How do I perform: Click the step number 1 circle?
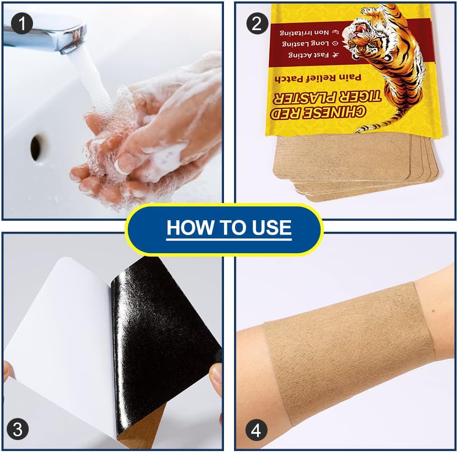pos(22,23)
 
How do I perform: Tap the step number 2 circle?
pos(257,23)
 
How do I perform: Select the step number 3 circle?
pos(18,429)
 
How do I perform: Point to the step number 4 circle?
pos(257,430)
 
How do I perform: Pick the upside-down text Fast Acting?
pos(313,54)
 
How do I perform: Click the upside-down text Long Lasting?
pos(310,43)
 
